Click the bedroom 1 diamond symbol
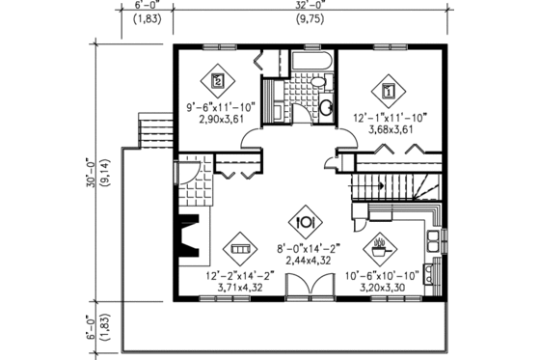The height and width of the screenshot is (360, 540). tap(388, 92)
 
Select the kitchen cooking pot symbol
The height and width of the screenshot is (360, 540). tap(383, 245)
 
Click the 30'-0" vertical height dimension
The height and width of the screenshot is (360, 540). tap(91, 174)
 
